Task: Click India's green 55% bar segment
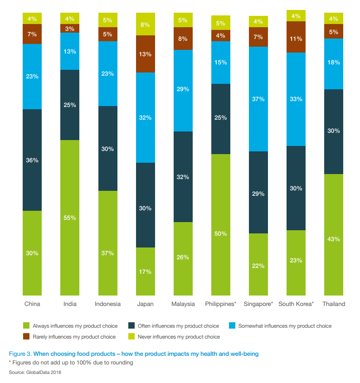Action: click(70, 218)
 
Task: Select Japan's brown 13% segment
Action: click(146, 54)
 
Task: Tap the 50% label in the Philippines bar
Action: click(221, 233)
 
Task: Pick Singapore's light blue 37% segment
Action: click(258, 99)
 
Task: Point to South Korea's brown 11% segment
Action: click(296, 37)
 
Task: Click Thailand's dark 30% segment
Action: click(334, 131)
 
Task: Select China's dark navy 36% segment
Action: click(32, 160)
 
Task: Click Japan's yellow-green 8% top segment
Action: click(146, 24)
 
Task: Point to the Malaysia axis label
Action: click(183, 304)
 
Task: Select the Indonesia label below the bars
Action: click(107, 304)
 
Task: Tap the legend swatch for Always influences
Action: click(27, 326)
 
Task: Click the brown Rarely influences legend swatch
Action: click(27, 337)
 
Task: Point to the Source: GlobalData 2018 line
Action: click(35, 372)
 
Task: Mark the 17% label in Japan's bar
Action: click(146, 271)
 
